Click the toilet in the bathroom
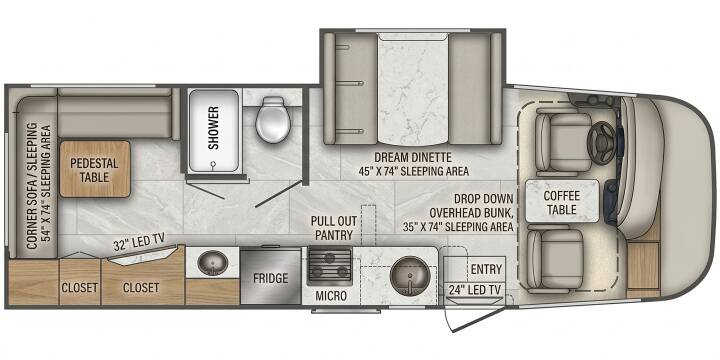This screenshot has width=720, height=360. coord(274,119)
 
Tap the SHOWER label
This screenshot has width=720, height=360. coord(214,128)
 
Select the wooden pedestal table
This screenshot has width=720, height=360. coord(95,169)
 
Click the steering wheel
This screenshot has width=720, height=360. coord(602,141)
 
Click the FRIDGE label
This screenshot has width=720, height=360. coord(270,278)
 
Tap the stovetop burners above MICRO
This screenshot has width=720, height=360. coord(330,266)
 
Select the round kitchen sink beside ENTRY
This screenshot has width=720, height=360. coord(410,276)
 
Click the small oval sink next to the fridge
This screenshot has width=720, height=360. coord(213,263)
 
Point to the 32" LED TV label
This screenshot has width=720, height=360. coord(139,242)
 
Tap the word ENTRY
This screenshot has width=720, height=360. coord(486,269)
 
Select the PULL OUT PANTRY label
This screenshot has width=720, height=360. coord(332,228)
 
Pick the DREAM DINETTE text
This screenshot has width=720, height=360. coord(413,158)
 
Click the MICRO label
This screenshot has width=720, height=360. coord(331,296)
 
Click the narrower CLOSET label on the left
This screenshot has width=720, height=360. coord(79,288)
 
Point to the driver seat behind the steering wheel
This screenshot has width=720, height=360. coord(564,142)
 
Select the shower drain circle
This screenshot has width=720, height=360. coord(213,163)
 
